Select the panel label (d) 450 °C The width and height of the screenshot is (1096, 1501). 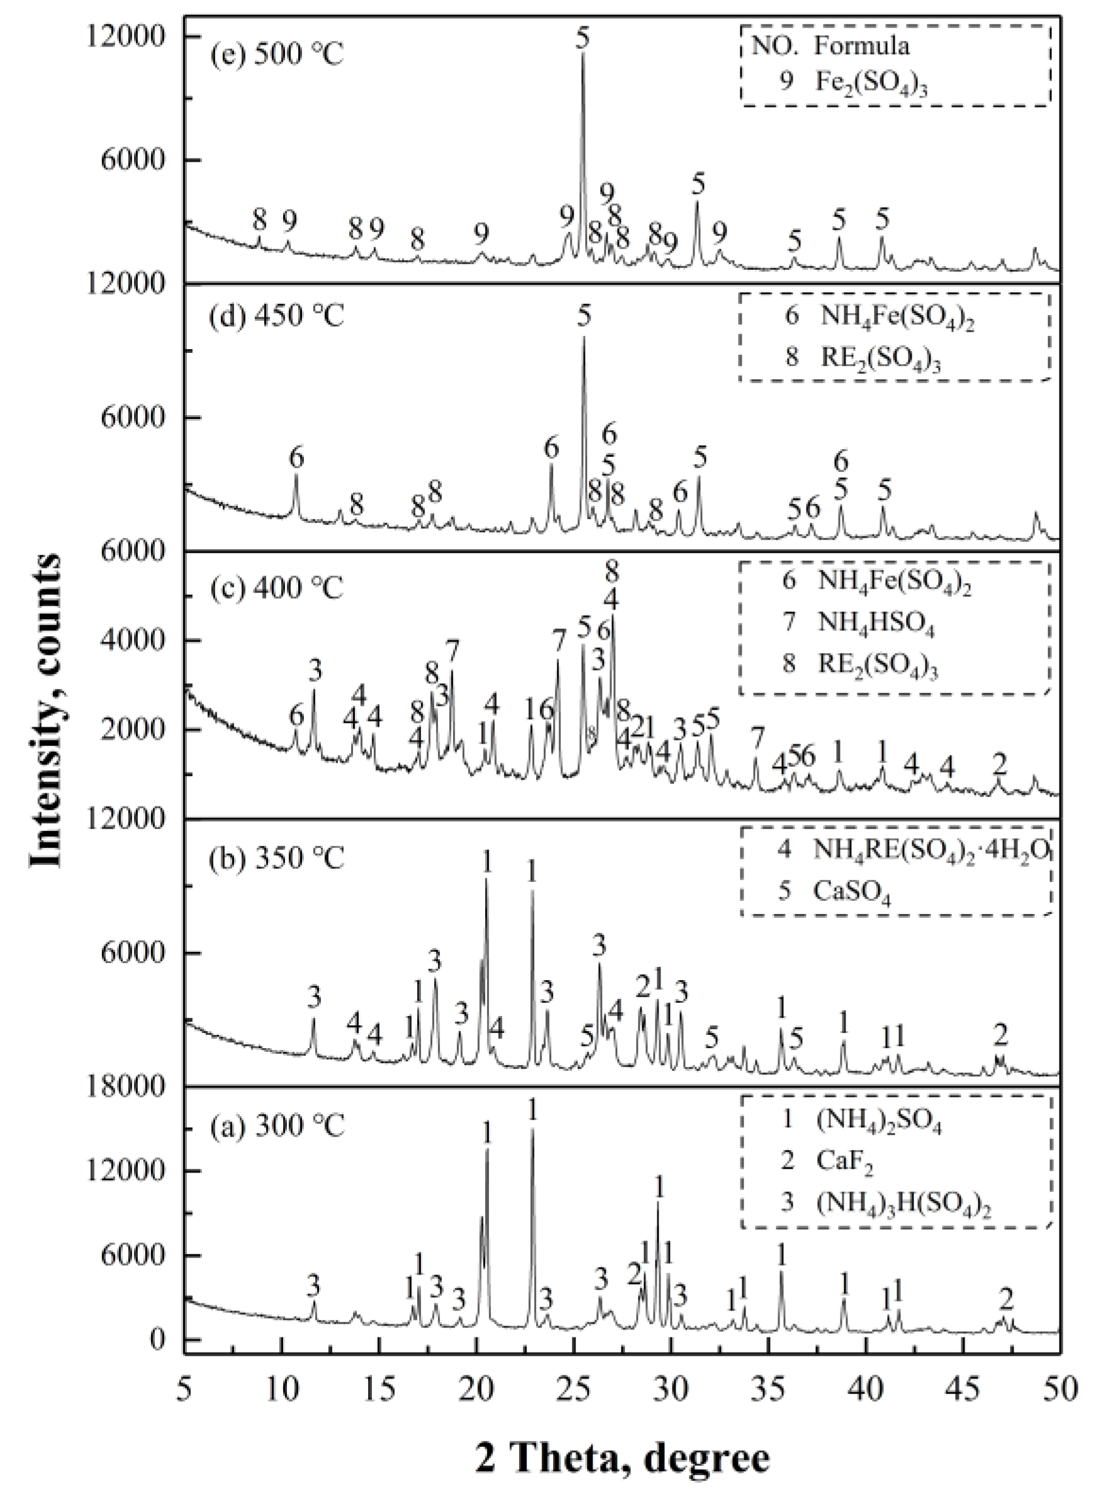pos(277,316)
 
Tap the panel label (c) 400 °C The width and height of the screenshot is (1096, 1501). pos(277,587)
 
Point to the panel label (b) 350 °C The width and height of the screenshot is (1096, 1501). pos(277,858)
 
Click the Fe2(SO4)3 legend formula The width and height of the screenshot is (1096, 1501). pos(870,84)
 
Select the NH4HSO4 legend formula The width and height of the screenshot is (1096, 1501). pos(876,624)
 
